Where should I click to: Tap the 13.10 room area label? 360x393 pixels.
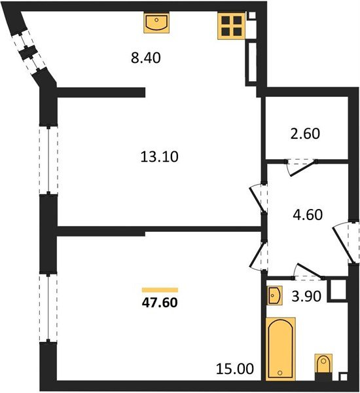click(x=160, y=157)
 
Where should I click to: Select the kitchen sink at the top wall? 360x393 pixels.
click(x=157, y=24)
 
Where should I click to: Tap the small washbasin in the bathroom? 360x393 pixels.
click(x=275, y=296)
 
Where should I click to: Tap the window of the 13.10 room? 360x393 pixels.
click(x=48, y=159)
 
